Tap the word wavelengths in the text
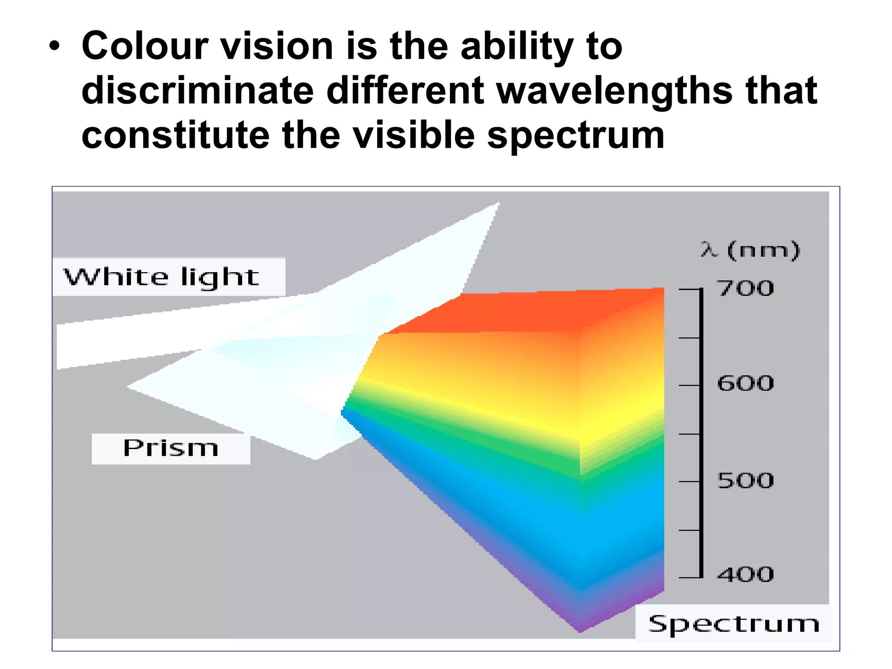[x=615, y=91]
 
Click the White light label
[x=162, y=277]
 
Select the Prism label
[x=171, y=448]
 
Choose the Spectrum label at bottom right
[x=734, y=624]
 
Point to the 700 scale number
[x=746, y=288]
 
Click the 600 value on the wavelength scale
[x=746, y=384]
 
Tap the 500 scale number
[x=746, y=481]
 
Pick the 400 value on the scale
[x=746, y=574]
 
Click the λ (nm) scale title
[x=750, y=250]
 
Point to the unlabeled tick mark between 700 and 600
[x=689, y=338]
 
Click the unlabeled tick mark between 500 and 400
[x=689, y=530]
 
